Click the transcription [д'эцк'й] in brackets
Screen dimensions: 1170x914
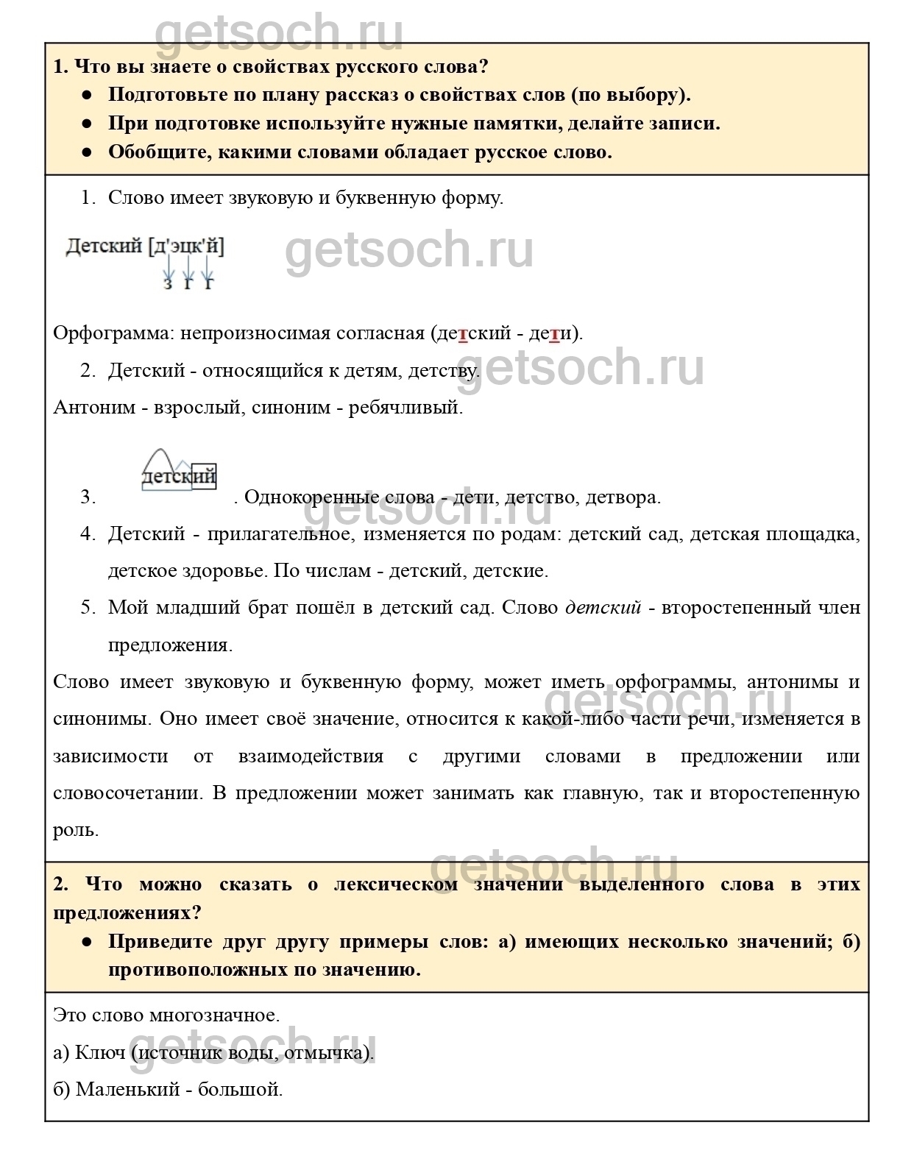pyautogui.click(x=186, y=247)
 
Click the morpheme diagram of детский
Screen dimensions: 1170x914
pyautogui.click(x=179, y=471)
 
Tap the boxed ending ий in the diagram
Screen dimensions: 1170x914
pyautogui.click(x=204, y=476)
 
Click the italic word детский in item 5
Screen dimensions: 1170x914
pyautogui.click(x=603, y=608)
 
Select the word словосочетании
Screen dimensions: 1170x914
pyautogui.click(x=125, y=793)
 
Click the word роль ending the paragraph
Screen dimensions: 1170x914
pyautogui.click(x=75, y=830)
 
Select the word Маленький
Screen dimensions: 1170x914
pyautogui.click(x=127, y=1090)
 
